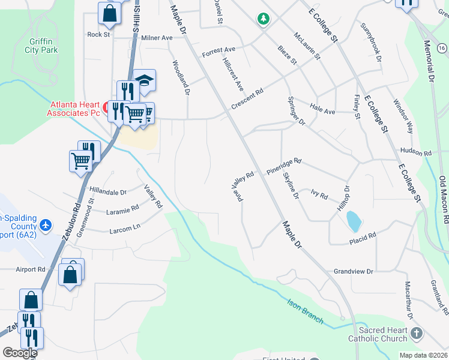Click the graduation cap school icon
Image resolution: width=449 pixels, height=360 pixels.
(x=144, y=80)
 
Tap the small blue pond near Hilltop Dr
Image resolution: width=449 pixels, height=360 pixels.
(x=354, y=221)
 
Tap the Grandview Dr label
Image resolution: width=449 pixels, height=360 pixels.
(x=354, y=272)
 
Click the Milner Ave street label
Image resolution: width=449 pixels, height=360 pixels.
(x=157, y=38)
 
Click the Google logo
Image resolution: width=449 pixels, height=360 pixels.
(x=20, y=353)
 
